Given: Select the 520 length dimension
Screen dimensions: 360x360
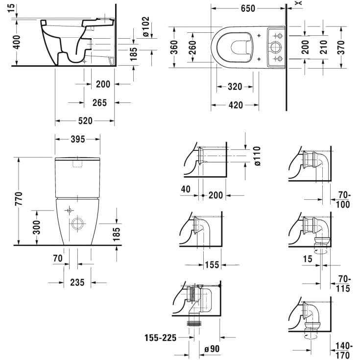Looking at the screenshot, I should pos(85,120).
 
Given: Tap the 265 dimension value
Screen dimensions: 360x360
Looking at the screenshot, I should pos(99,102).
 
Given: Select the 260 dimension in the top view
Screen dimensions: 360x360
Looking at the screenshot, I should pos(193,48).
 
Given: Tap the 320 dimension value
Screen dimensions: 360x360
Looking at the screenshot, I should pos(235,87).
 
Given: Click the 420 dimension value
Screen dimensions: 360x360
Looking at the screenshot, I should pos(235,104).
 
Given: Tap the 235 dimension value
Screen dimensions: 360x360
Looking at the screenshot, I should pos(77,282).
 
